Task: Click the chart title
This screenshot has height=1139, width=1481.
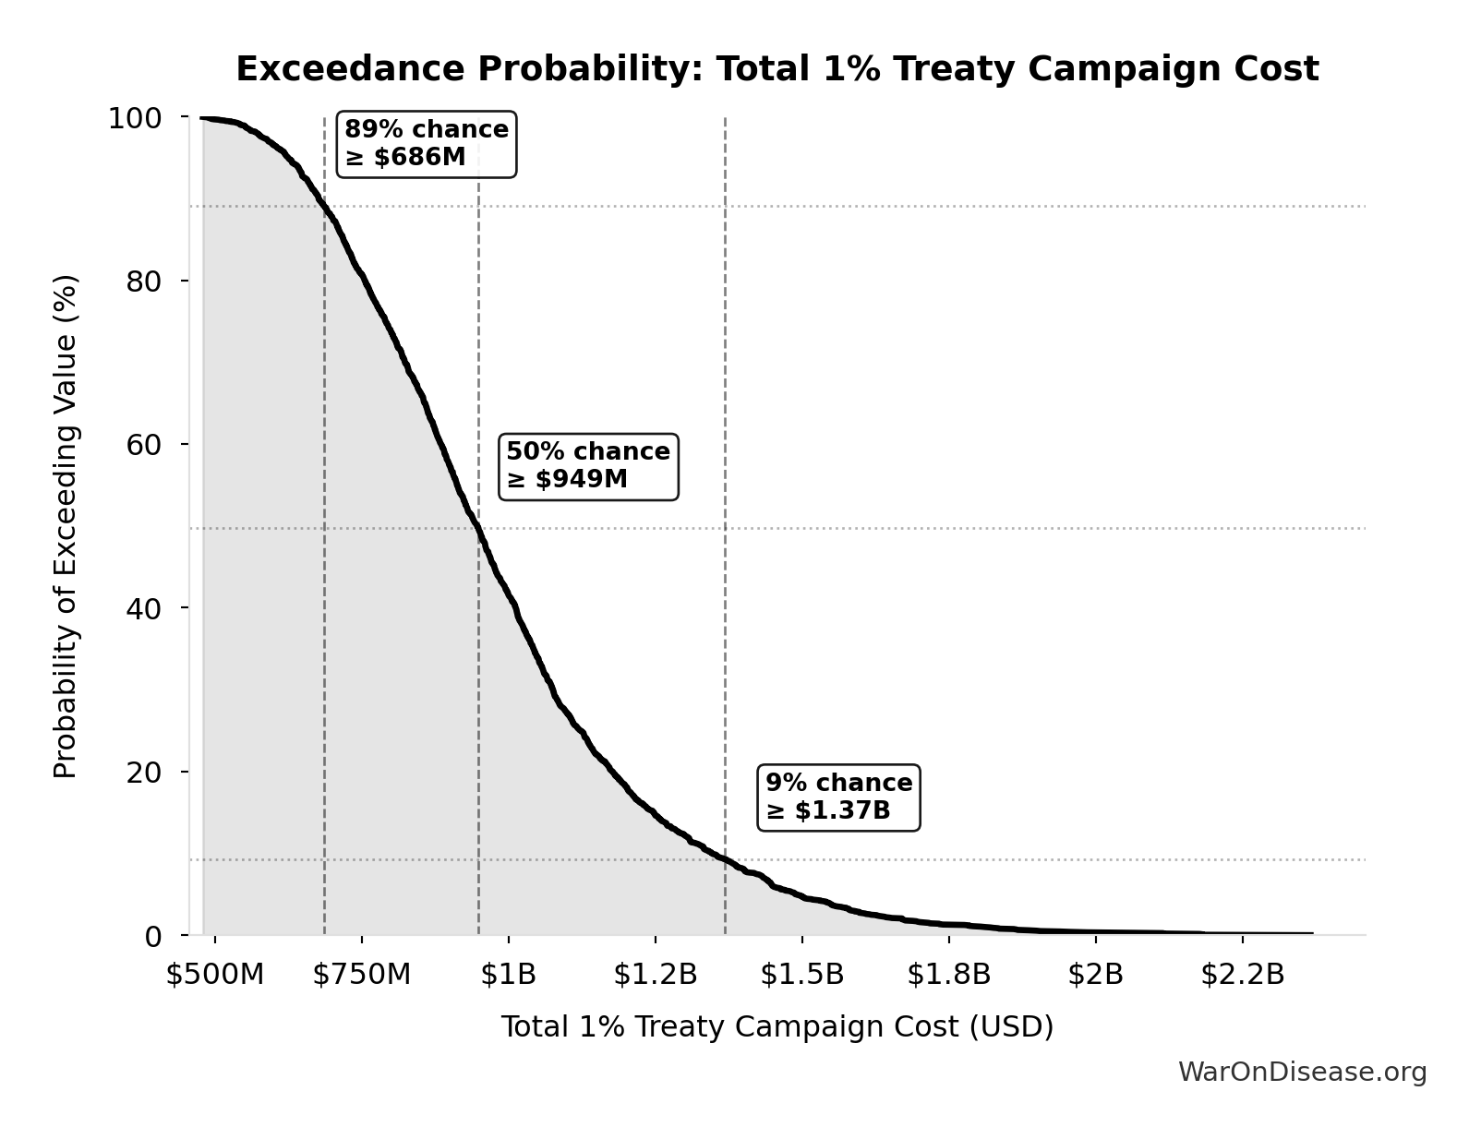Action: tap(777, 69)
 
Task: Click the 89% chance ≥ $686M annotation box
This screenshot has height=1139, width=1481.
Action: tap(427, 144)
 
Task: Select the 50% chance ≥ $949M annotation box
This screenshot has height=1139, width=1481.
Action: tap(588, 466)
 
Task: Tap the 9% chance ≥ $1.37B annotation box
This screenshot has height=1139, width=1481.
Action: tap(838, 797)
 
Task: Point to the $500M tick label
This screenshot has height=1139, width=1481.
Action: tap(215, 975)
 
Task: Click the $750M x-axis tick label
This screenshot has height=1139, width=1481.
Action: tap(362, 975)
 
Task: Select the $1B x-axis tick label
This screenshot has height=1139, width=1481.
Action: tap(509, 975)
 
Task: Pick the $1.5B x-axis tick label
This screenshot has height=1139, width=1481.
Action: tap(802, 975)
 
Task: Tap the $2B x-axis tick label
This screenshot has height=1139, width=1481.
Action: tap(1096, 975)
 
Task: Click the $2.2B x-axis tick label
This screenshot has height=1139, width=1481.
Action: tap(1243, 975)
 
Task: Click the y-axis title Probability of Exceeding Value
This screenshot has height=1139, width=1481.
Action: tap(66, 526)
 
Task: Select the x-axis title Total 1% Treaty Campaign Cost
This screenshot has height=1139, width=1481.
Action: tap(777, 1026)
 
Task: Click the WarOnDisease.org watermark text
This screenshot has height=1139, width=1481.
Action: tap(1302, 1072)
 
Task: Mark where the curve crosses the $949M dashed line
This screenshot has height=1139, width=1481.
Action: tap(478, 528)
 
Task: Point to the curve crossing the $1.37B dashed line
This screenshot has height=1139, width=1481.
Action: tap(725, 858)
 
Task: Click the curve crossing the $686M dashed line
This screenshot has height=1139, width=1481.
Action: tap(324, 207)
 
